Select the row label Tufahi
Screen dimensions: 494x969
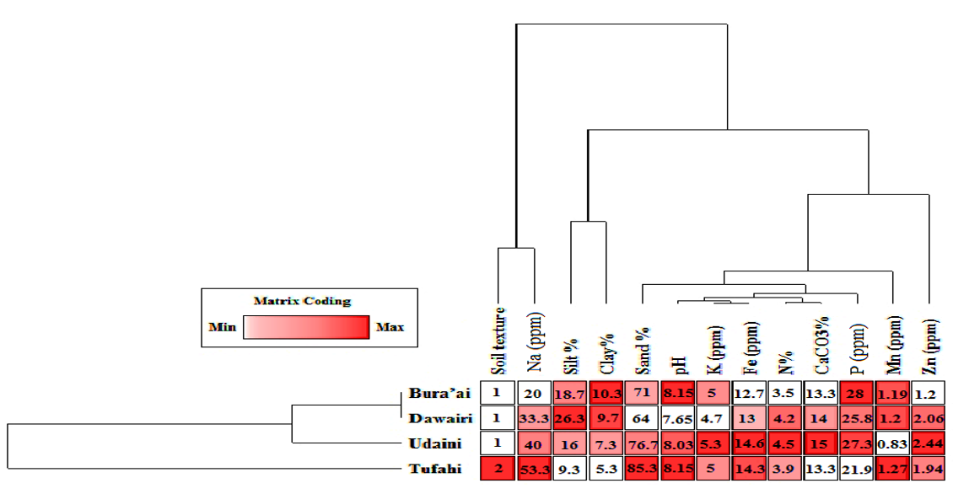pos(436,469)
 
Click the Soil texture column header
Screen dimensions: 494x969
pos(498,341)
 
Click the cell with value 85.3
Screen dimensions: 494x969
pos(643,469)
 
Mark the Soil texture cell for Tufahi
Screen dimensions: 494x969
pos(498,469)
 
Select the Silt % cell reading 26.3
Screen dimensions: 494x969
pos(570,418)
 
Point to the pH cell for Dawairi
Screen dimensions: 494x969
pos(679,418)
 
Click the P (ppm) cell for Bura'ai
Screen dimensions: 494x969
pos(857,393)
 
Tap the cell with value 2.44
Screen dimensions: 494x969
pos(929,443)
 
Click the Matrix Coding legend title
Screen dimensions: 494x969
pos(302,301)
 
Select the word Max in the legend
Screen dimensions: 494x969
pos(390,327)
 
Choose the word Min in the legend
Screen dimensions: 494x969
pos(223,327)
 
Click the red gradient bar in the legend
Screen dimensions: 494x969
pos(306,327)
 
